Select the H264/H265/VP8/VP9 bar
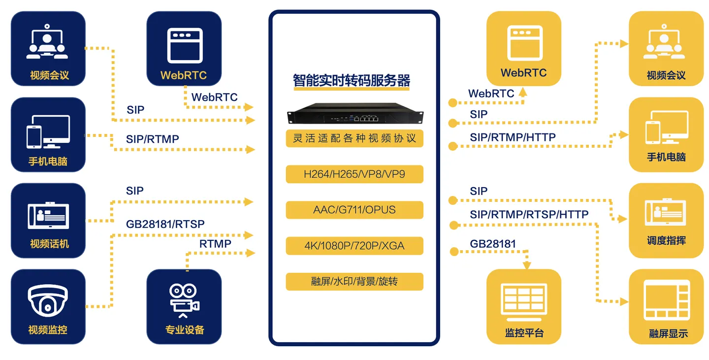coord(354,174)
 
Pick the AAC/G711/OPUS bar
coord(354,210)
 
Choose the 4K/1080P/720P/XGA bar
coord(354,245)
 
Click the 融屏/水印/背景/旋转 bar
coord(354,281)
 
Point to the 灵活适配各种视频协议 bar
coord(354,138)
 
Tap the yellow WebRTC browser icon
coord(523,43)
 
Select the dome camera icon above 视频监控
coord(48,300)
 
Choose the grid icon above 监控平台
coord(523,300)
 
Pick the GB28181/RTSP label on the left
coord(165,224)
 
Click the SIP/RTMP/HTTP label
coord(513,137)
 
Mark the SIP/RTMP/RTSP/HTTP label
coord(529,215)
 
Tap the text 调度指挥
coord(666,241)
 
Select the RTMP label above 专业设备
coord(215,243)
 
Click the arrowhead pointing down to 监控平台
coord(527,265)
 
